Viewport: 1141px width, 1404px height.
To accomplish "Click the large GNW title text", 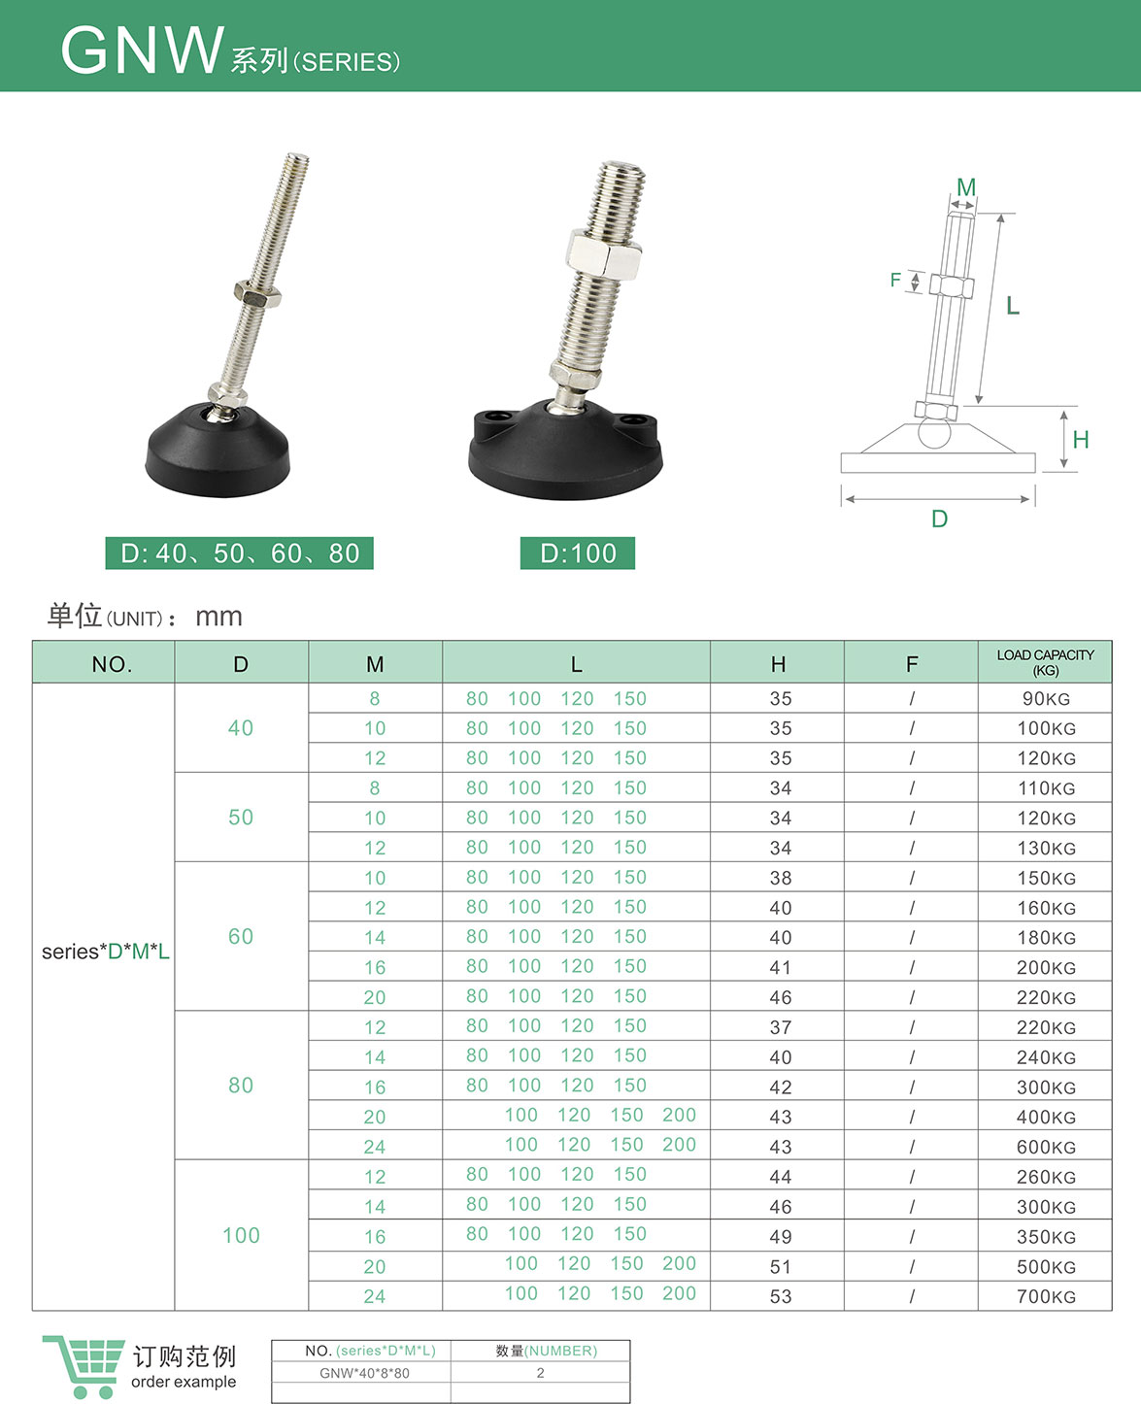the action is click(x=143, y=50).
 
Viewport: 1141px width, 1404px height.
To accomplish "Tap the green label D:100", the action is click(x=578, y=553).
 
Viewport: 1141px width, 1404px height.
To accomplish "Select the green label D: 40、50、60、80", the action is click(x=239, y=553).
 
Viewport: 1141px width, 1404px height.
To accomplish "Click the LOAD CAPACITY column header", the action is click(x=1045, y=662).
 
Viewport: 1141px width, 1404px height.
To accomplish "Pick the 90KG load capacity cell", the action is click(x=1046, y=699).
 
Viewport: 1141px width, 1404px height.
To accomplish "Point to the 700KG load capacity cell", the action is click(x=1046, y=1296).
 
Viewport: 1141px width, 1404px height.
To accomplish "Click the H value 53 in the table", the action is click(x=781, y=1296).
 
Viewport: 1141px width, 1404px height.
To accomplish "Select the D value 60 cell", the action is click(x=241, y=936).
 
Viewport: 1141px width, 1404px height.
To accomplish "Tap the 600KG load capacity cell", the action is click(x=1046, y=1147).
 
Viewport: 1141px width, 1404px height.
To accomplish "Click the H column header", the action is click(x=778, y=664).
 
